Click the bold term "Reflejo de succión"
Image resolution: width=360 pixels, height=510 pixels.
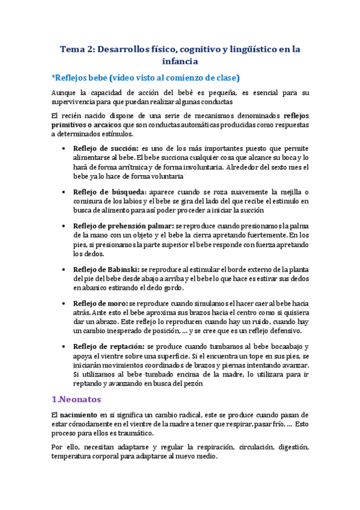coord(105,148)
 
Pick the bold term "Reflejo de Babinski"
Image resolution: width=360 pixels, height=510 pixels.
coord(106,269)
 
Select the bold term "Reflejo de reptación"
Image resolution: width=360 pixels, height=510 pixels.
coord(108,346)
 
